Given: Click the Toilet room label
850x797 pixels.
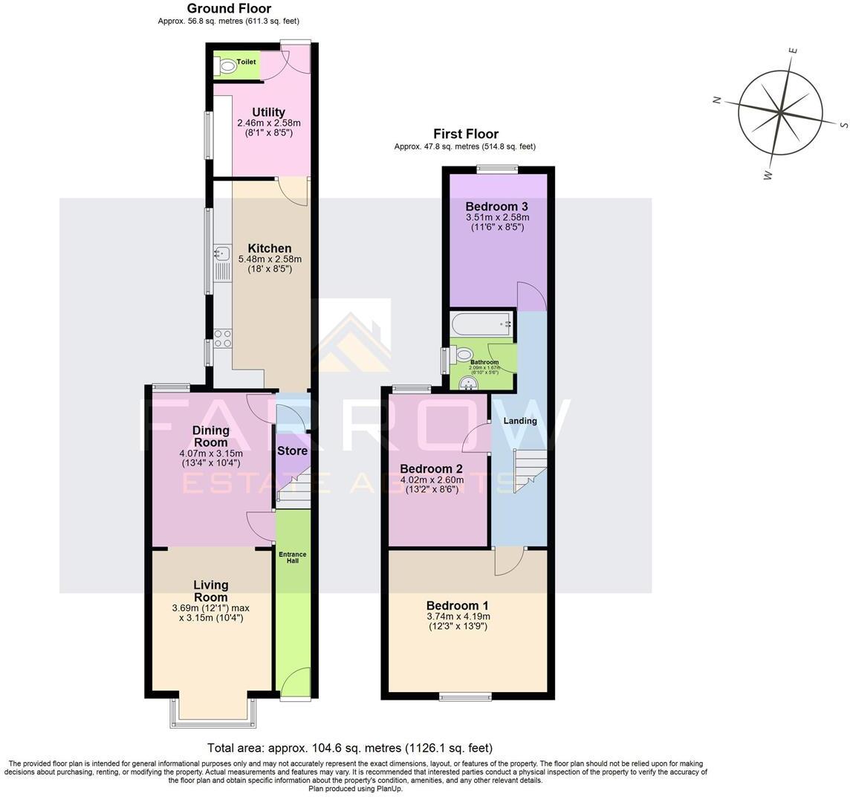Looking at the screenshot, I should pos(246,62).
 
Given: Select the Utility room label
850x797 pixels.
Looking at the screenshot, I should pos(268,112).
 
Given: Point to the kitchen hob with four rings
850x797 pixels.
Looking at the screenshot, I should pos(222,338).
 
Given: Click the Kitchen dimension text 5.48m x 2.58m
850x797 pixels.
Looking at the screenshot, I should pos(270,259).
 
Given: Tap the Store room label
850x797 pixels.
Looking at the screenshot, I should pos(292,451).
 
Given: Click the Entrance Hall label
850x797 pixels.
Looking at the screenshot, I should pos(292,558).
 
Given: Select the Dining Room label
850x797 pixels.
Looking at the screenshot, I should pos(210,436).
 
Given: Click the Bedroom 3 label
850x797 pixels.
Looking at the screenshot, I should pos(497,206).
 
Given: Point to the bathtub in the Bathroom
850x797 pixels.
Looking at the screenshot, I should pos(481,324).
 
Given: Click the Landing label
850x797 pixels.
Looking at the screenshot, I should pos(520,421).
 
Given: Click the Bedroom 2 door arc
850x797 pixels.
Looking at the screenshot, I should pos(476,439).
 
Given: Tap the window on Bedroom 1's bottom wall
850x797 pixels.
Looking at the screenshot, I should pos(465,697).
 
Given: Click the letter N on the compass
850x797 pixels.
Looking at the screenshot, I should pos(717,100).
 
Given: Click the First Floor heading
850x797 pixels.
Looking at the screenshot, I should pos(466,134).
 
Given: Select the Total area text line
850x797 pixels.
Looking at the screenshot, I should pos(348,748).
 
